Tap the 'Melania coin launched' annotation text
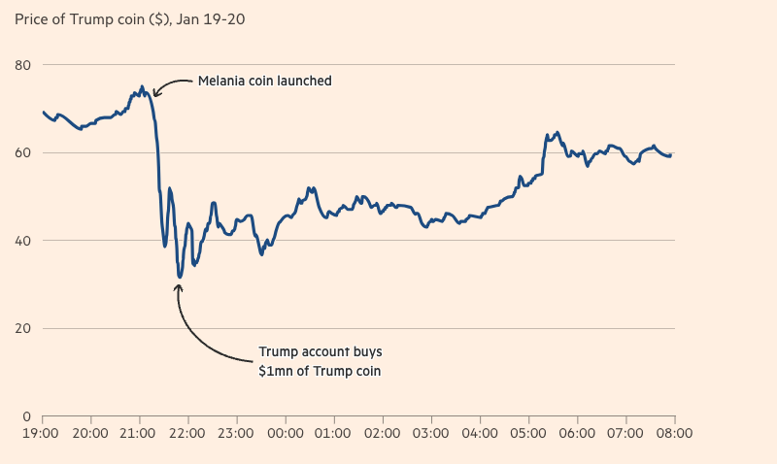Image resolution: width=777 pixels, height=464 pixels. (264, 81)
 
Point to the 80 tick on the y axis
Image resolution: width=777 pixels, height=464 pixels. (23, 65)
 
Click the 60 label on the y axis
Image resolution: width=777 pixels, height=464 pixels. (23, 152)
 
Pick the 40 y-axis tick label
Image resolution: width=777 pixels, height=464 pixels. (23, 241)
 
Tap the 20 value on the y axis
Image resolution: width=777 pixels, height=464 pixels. (23, 328)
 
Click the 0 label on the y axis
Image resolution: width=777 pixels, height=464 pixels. (27, 416)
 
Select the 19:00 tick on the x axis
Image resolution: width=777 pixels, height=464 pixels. (41, 433)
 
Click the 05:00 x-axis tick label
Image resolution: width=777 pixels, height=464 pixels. (527, 433)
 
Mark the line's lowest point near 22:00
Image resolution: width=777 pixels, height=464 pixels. (180, 278)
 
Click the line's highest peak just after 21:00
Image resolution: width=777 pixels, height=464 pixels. (142, 86)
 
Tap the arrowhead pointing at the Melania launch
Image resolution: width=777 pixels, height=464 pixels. (155, 95)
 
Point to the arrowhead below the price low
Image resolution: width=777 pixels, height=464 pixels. (180, 286)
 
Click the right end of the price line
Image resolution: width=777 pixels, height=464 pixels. (671, 154)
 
